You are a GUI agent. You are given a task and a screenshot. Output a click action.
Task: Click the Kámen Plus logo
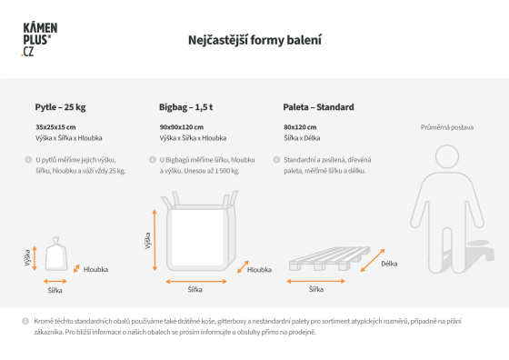click(39, 39)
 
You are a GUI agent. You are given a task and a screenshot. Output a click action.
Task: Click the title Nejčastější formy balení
click(254, 40)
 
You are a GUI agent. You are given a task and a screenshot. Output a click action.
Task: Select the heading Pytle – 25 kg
click(60, 107)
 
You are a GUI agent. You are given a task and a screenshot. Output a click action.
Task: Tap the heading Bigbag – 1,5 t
click(185, 107)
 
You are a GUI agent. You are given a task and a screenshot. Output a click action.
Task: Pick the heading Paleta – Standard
click(318, 107)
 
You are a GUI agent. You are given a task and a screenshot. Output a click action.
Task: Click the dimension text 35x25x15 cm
click(55, 127)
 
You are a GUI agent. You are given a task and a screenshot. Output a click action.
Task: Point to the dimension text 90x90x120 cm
click(182, 127)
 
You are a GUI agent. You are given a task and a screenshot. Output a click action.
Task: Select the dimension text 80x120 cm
click(300, 127)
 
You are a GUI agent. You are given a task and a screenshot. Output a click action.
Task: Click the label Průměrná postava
click(447, 127)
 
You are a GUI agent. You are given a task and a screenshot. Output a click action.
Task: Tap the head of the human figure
click(447, 156)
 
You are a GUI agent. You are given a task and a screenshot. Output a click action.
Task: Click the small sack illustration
click(56, 254)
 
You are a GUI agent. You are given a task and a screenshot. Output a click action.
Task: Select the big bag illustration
click(200, 231)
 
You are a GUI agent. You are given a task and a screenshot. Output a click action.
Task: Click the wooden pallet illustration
click(329, 258)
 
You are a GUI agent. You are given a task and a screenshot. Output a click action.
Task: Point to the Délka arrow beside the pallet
click(373, 260)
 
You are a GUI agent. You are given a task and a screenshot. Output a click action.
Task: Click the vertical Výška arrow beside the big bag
click(155, 240)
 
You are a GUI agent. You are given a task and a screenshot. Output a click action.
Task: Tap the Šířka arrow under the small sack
click(55, 282)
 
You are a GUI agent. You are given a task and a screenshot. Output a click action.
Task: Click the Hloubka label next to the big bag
click(259, 270)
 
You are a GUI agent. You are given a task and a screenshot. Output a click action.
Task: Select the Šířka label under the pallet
click(316, 289)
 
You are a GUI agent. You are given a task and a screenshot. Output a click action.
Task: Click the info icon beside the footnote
click(25, 321)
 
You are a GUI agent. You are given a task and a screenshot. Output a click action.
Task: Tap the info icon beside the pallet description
click(276, 160)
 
